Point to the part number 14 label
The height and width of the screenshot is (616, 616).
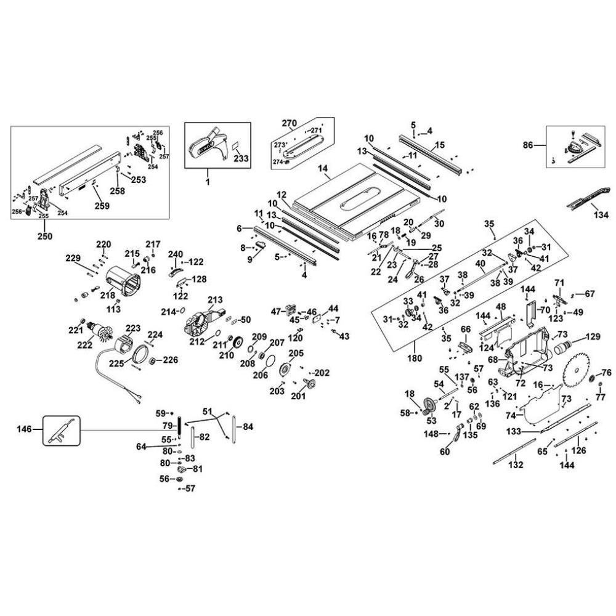322,167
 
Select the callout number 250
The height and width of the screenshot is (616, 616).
45,236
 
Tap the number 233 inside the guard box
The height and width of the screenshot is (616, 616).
241,158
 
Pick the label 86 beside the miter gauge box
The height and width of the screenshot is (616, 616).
529,146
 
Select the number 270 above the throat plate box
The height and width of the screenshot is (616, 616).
290,123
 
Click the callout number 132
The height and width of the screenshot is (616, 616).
516,465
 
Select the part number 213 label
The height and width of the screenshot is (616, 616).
214,299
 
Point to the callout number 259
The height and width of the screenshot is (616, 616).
102,206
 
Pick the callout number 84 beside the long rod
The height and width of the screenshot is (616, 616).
247,426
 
